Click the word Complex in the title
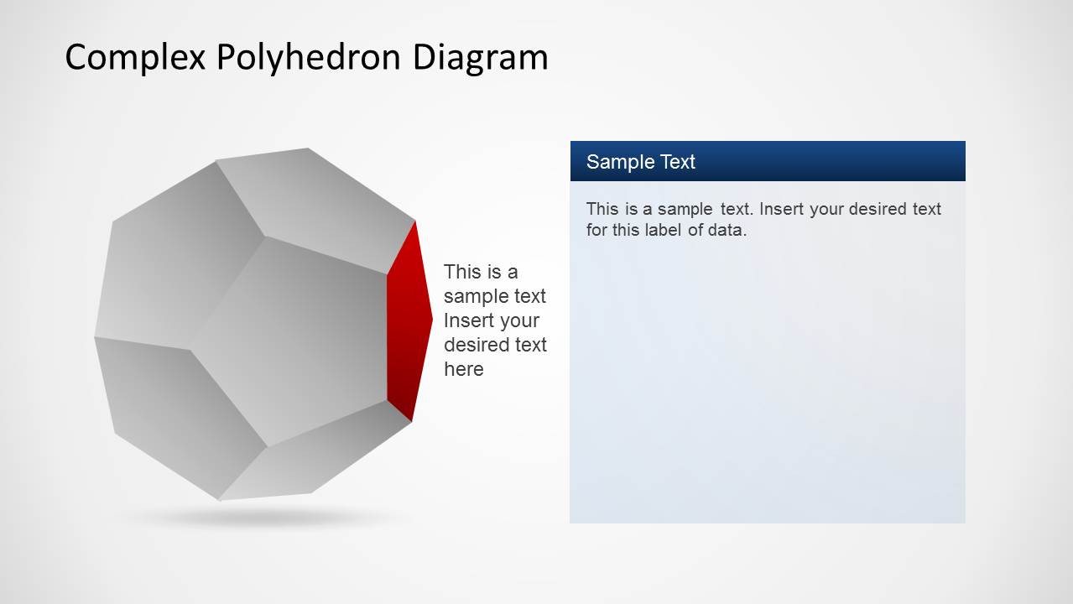coord(135,57)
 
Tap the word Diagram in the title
coord(480,57)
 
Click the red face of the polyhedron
coord(406,323)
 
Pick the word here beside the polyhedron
coord(463,369)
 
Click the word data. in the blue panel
coord(727,230)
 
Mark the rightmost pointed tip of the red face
coord(431,319)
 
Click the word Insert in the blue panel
coord(781,209)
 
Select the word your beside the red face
coord(519,320)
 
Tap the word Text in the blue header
coord(675,162)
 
